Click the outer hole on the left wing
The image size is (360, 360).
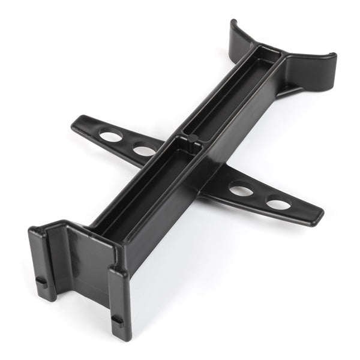click(110, 136)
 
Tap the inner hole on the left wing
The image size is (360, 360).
click(145, 149)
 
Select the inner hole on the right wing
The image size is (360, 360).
click(241, 191)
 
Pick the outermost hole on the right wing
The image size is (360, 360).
click(278, 203)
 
